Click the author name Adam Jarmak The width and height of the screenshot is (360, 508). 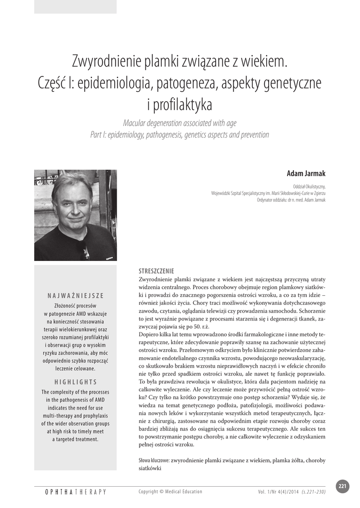306,174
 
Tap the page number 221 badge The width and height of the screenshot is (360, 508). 342,486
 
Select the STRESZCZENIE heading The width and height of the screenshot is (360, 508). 156,271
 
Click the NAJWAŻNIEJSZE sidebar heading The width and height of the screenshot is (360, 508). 76,296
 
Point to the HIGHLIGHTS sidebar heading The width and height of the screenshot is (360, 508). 76,382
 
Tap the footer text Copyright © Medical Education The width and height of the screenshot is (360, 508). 170,492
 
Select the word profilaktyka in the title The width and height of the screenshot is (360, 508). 185,105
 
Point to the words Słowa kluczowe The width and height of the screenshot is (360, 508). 153,460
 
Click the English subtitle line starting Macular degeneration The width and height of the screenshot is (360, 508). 180,124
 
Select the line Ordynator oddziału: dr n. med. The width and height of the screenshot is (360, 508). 291,200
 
